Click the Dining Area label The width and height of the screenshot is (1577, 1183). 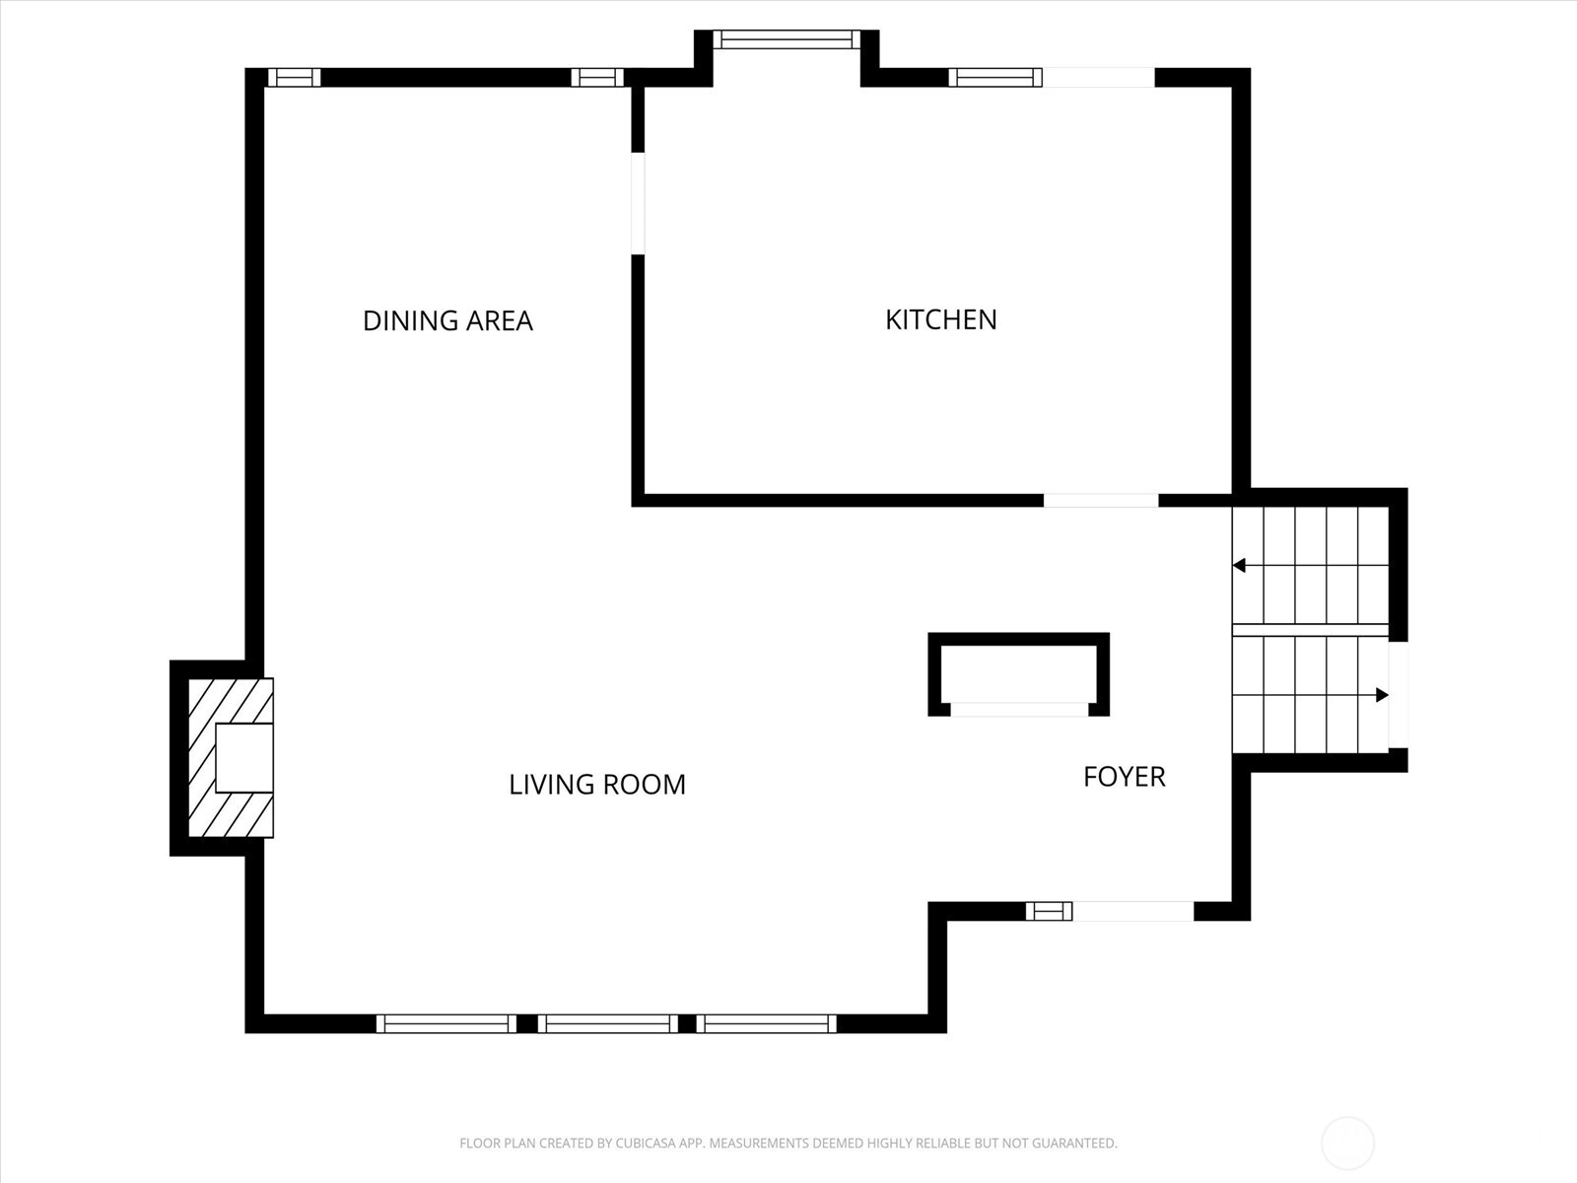click(447, 320)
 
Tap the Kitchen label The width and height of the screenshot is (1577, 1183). click(940, 319)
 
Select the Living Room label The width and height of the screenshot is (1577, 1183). click(596, 785)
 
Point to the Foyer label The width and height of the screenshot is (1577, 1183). click(1124, 777)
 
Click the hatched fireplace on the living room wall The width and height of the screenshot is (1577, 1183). click(229, 757)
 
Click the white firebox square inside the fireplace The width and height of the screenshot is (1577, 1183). click(243, 757)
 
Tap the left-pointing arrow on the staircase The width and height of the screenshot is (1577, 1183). click(1240, 565)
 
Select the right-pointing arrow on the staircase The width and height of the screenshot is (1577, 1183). click(1382, 695)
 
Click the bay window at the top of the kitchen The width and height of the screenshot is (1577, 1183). click(787, 39)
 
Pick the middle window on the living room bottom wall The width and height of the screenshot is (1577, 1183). click(607, 1023)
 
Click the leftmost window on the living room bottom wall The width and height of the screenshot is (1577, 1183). click(446, 1023)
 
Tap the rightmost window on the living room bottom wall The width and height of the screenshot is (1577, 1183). click(767, 1023)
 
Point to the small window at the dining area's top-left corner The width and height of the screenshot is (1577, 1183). click(294, 77)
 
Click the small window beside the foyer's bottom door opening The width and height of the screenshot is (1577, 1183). click(1049, 911)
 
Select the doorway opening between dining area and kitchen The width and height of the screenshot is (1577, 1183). click(638, 203)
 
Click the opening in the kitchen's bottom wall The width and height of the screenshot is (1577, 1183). click(1101, 500)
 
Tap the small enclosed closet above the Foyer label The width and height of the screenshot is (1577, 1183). click(1018, 673)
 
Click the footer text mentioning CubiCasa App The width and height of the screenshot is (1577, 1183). click(788, 1144)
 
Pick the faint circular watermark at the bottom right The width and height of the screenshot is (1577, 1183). click(1347, 1144)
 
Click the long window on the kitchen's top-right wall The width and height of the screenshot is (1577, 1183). click(995, 77)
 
